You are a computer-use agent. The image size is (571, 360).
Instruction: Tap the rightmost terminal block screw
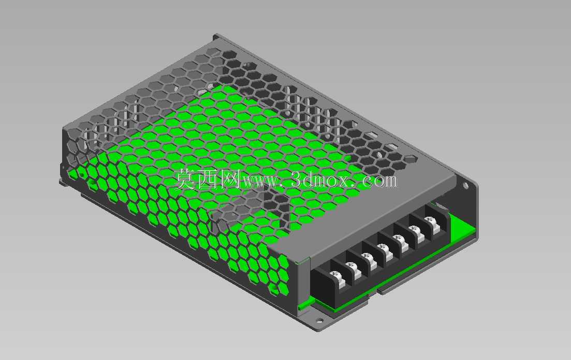click(x=430, y=220)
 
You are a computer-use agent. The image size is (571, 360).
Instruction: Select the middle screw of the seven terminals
click(x=383, y=248)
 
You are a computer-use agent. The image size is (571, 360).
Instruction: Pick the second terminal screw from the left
click(x=350, y=266)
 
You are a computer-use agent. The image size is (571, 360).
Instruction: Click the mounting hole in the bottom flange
click(x=319, y=321)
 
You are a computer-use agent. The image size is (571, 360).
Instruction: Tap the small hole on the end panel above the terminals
click(x=465, y=186)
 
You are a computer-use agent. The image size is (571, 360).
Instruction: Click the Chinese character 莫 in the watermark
click(x=185, y=179)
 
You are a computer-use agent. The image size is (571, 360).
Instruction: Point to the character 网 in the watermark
click(x=229, y=179)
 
